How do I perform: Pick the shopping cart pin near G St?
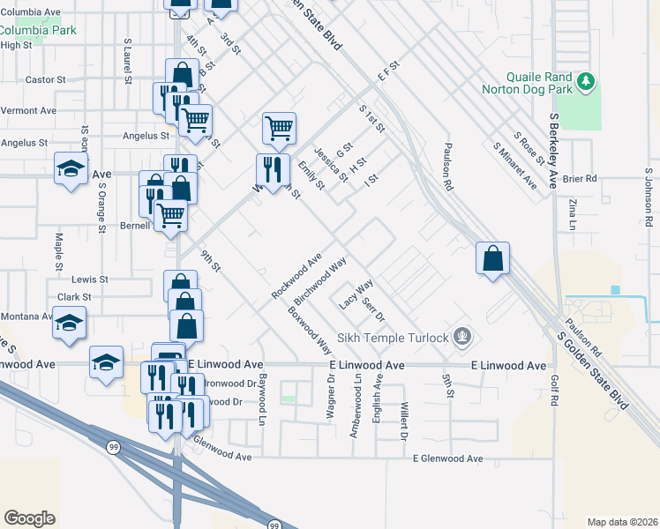(279, 129)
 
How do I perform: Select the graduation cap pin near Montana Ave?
(70, 322)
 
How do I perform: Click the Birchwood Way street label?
(319, 281)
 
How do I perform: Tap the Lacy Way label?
(356, 294)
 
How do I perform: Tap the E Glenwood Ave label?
(449, 458)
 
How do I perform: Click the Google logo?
(29, 518)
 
